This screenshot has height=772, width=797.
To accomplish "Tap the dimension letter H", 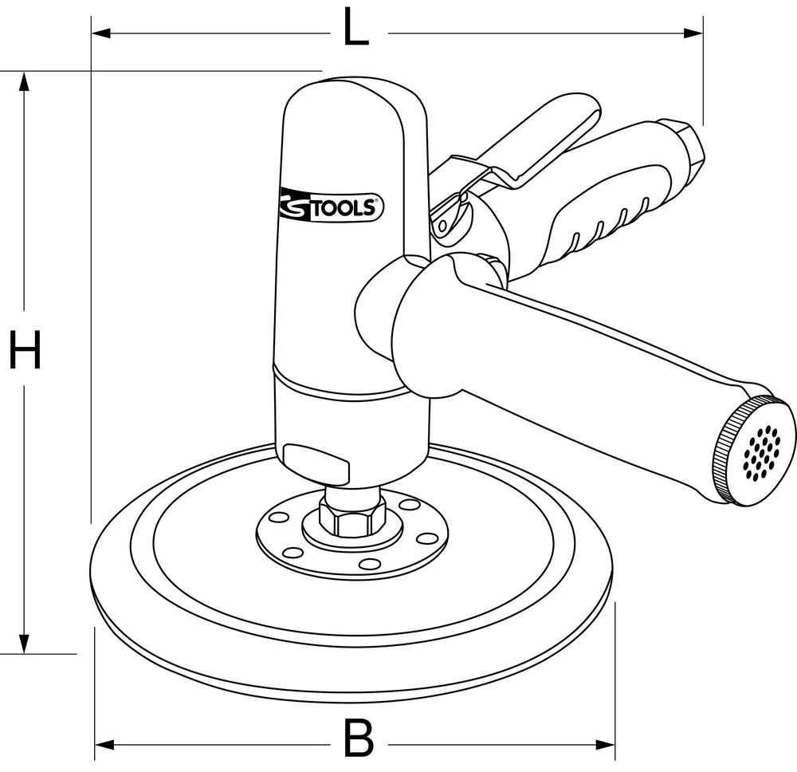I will coord(25,351).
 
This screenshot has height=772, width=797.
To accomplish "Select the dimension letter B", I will coord(358,739).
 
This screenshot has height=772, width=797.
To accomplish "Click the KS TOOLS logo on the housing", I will coord(332,206).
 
